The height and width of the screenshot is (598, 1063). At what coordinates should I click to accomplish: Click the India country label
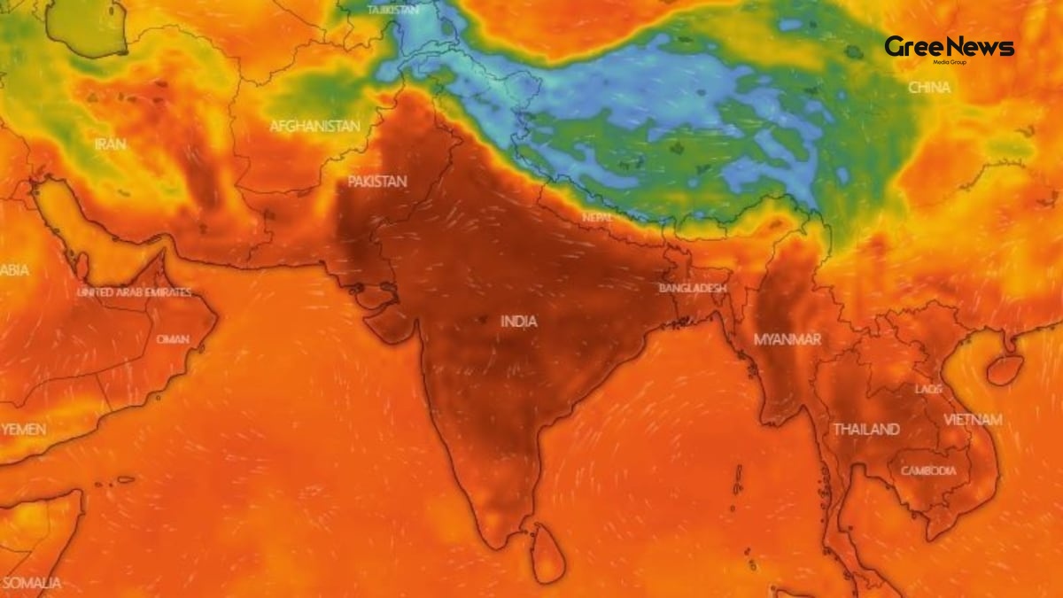pos(519,322)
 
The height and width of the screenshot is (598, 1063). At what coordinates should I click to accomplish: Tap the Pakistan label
pos(377,182)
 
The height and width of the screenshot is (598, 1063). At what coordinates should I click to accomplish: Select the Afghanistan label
pos(315,127)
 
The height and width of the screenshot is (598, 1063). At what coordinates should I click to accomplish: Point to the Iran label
pos(111,144)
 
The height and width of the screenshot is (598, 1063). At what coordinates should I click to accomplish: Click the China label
pos(929,88)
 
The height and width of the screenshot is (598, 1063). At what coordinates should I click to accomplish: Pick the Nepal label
pos(598,217)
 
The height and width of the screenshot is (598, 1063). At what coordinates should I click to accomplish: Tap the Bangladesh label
pos(693,289)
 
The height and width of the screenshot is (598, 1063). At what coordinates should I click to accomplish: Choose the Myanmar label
pos(787,339)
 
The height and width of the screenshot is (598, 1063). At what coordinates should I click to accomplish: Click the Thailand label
pos(865,430)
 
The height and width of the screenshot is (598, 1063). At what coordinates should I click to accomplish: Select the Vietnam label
pos(973,420)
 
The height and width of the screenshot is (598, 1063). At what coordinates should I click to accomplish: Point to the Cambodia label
pos(928,471)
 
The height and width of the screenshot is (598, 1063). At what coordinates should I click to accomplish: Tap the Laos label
pos(928,389)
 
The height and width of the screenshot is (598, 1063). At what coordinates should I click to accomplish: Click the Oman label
pos(173,339)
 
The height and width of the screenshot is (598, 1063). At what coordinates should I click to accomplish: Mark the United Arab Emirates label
pos(134,292)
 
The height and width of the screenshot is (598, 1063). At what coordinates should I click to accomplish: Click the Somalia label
pos(31,583)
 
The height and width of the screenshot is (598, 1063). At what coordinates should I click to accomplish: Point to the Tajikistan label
pos(394,10)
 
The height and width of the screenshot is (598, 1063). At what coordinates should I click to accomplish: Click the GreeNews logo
pos(949,49)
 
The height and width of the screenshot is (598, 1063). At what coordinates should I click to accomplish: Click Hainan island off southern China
pos(1005,369)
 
